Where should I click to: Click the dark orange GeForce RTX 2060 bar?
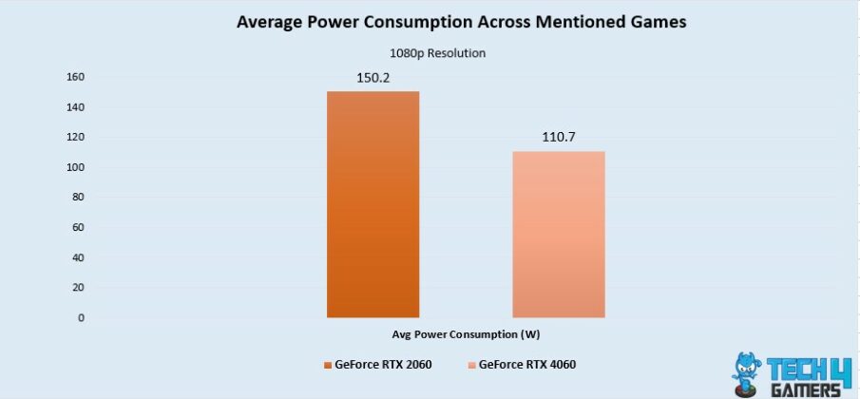coord(373,204)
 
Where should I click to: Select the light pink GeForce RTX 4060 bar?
coord(559,234)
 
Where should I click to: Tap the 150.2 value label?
coord(373,75)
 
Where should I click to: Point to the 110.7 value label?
coord(559,137)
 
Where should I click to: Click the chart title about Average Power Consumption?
coord(430,22)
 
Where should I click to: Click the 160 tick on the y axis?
coord(75,77)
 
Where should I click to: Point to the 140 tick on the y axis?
coord(75,107)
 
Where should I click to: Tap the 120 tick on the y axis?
coord(75,137)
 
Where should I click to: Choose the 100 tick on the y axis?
coord(75,167)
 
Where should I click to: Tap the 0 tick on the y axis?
coord(80,317)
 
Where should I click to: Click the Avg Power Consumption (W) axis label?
coord(466,334)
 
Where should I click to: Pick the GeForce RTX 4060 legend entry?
coord(522,365)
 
